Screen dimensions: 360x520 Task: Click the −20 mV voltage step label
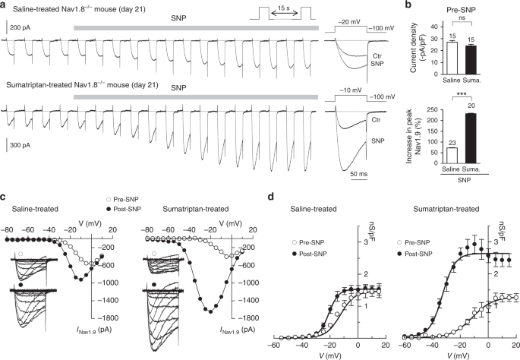[x=349, y=24]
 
